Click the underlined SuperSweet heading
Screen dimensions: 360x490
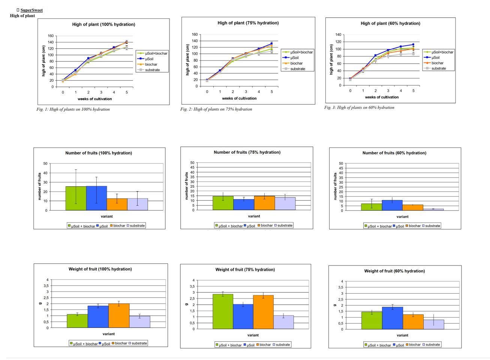click(31, 10)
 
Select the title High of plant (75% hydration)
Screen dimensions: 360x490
click(248, 23)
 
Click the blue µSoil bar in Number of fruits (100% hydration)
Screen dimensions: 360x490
click(96, 198)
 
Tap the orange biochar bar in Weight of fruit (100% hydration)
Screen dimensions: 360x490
click(119, 315)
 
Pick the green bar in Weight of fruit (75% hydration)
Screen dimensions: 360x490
click(223, 311)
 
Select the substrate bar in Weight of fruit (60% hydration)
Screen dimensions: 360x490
click(434, 324)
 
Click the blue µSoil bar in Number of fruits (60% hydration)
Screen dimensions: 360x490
click(392, 205)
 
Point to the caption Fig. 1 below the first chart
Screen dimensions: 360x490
click(73, 109)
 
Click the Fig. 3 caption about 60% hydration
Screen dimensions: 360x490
click(359, 108)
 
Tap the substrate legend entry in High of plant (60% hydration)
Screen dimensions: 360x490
click(438, 69)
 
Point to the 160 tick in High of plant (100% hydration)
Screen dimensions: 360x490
click(51, 36)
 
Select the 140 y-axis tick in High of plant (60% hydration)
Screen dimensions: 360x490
click(338, 35)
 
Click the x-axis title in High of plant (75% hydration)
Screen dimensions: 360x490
click(239, 99)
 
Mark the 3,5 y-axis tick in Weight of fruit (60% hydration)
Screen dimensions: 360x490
click(340, 287)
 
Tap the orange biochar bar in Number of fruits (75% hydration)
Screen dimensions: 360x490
click(264, 203)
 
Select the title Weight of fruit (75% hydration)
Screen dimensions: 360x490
click(245, 270)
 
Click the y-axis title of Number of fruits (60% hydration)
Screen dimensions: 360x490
click(335, 186)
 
